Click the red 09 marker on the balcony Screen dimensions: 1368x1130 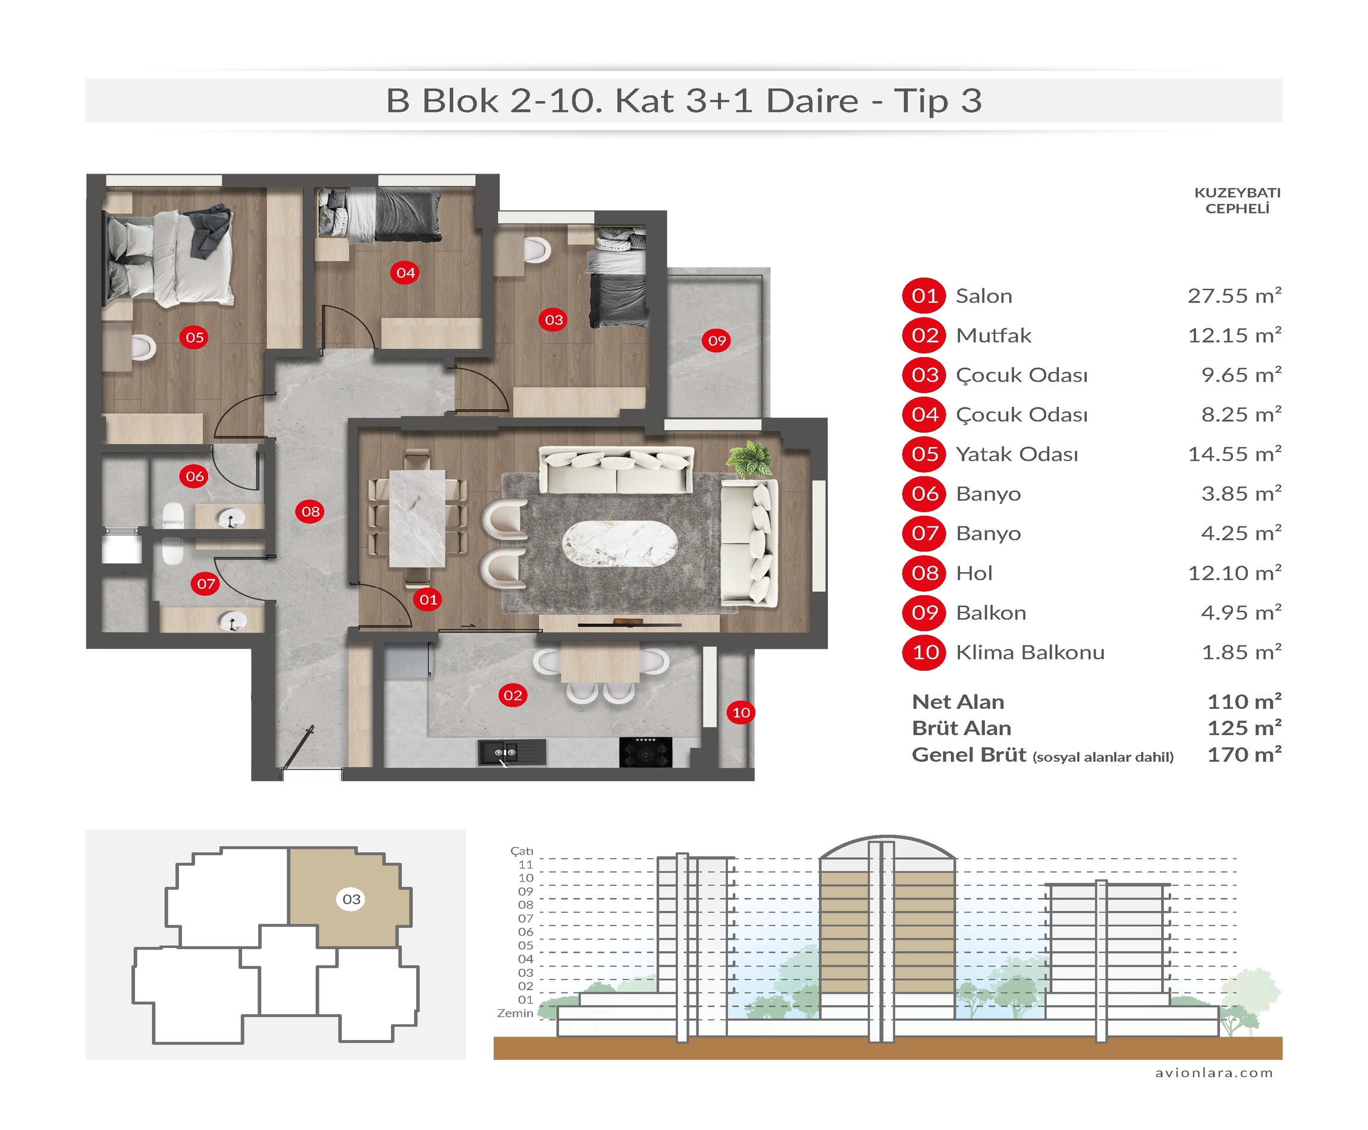(x=717, y=340)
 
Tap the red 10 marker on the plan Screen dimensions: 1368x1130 (x=741, y=712)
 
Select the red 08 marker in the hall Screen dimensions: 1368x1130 (x=310, y=511)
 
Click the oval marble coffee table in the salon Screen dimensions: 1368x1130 (x=619, y=544)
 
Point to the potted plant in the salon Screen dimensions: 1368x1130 (x=751, y=460)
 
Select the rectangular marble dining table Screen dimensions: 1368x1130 (x=417, y=518)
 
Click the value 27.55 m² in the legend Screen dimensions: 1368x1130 (x=1234, y=296)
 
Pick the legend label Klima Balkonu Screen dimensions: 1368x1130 (x=1030, y=652)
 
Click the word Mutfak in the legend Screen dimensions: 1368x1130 (x=993, y=335)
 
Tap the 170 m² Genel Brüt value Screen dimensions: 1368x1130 (x=1244, y=754)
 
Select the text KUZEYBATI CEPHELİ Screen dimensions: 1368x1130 (x=1237, y=200)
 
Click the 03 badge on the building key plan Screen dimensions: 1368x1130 (x=352, y=899)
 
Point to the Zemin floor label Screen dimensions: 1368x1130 (x=515, y=1013)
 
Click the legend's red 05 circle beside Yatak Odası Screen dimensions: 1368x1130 (x=924, y=454)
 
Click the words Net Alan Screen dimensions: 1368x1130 (x=958, y=702)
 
